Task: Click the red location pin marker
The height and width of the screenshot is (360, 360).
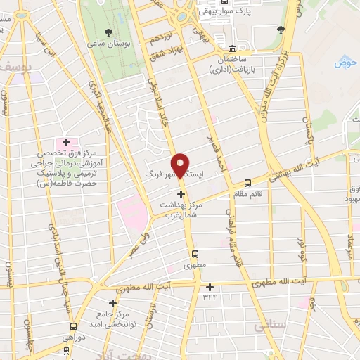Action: [181, 165]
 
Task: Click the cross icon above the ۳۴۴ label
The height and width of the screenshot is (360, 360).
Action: [209, 287]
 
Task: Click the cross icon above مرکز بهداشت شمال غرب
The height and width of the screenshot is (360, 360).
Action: [181, 194]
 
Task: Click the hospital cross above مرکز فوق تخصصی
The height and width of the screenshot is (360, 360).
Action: [66, 143]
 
